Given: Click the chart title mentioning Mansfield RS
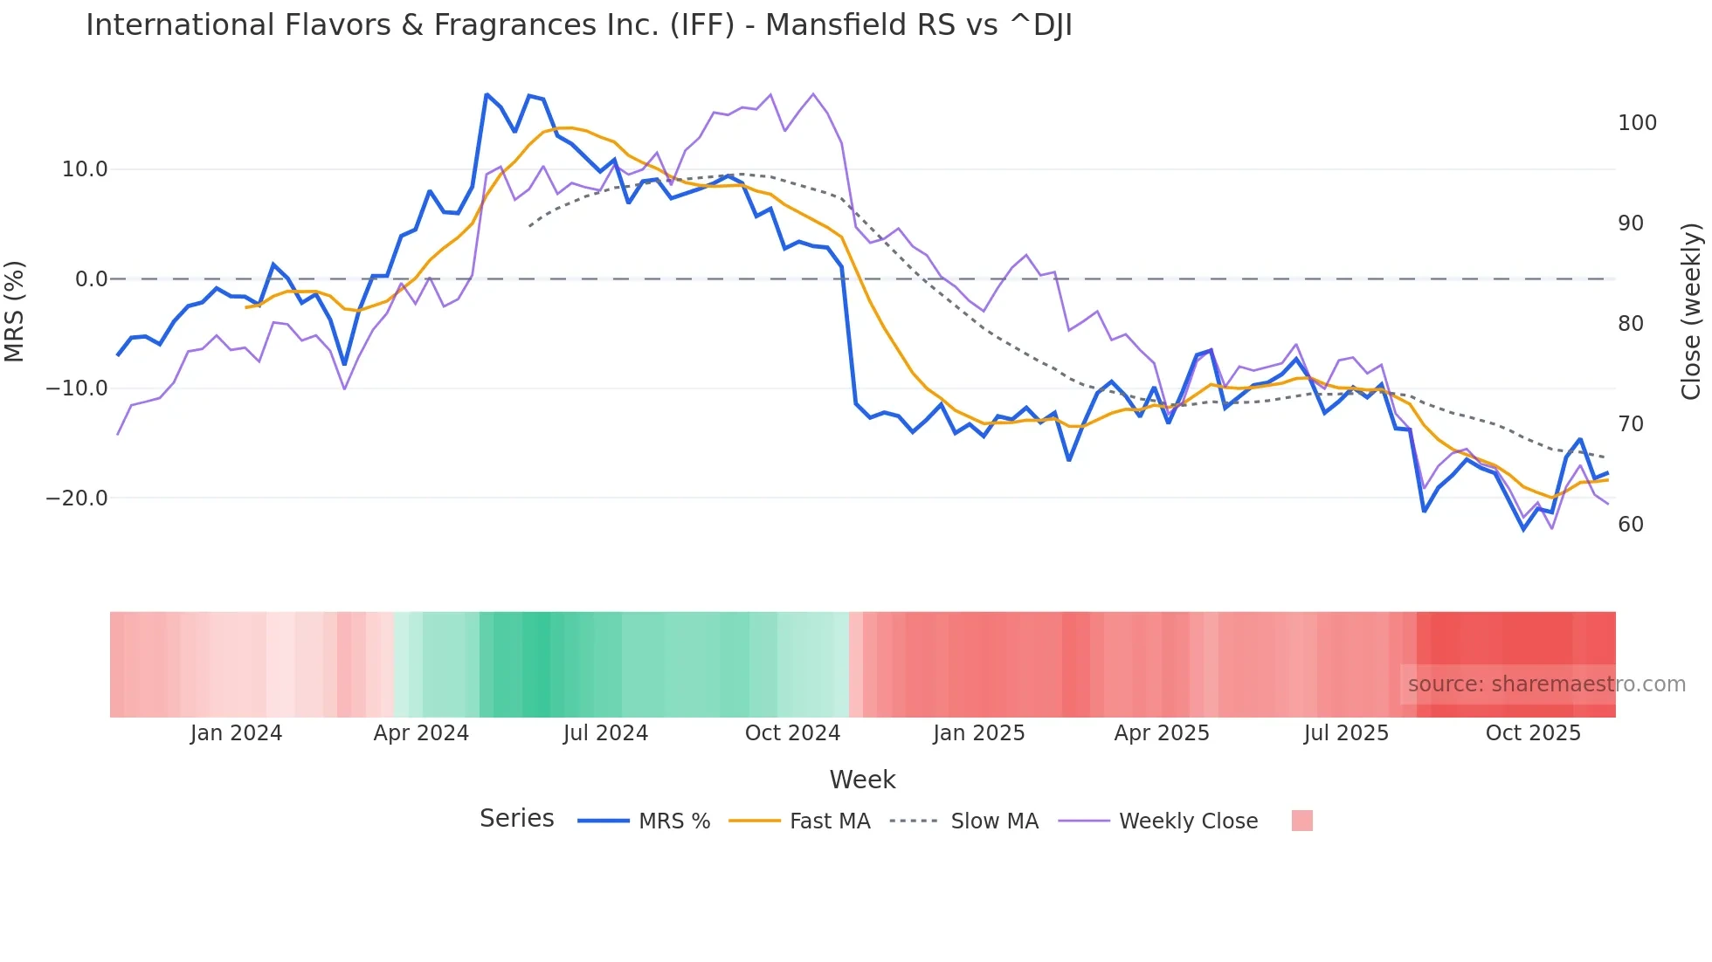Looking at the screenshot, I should tap(578, 25).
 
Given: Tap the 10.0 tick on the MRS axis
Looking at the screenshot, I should tap(85, 169).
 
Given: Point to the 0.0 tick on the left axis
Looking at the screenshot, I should tap(91, 279).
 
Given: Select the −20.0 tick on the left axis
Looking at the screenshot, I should tap(77, 498).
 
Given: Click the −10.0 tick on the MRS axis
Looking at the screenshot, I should tap(77, 388).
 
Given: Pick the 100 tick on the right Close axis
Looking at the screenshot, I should tap(1637, 123).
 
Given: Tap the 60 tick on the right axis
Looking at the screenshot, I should tap(1631, 525).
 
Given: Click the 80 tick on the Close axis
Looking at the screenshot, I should tap(1631, 324).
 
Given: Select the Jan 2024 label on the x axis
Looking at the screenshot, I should tap(236, 733).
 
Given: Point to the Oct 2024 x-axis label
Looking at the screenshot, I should tap(792, 733).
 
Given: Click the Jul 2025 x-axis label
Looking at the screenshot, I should tap(1346, 733).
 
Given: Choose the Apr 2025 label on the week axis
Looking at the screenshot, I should tap(1162, 733).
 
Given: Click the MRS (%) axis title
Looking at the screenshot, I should tap(15, 311).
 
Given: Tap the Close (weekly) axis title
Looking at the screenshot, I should tap(1692, 311).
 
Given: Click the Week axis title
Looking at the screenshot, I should tap(862, 780).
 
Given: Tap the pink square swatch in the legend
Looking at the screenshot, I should tap(1301, 821).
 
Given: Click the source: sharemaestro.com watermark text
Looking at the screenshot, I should tap(1546, 684).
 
